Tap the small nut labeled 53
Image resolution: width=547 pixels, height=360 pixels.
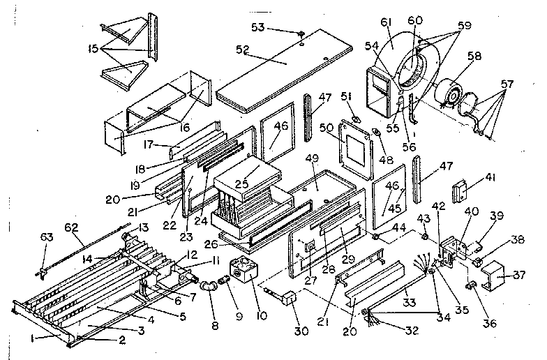pyautogui.click(x=300, y=33)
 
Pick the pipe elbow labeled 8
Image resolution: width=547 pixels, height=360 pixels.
pyautogui.click(x=208, y=287)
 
